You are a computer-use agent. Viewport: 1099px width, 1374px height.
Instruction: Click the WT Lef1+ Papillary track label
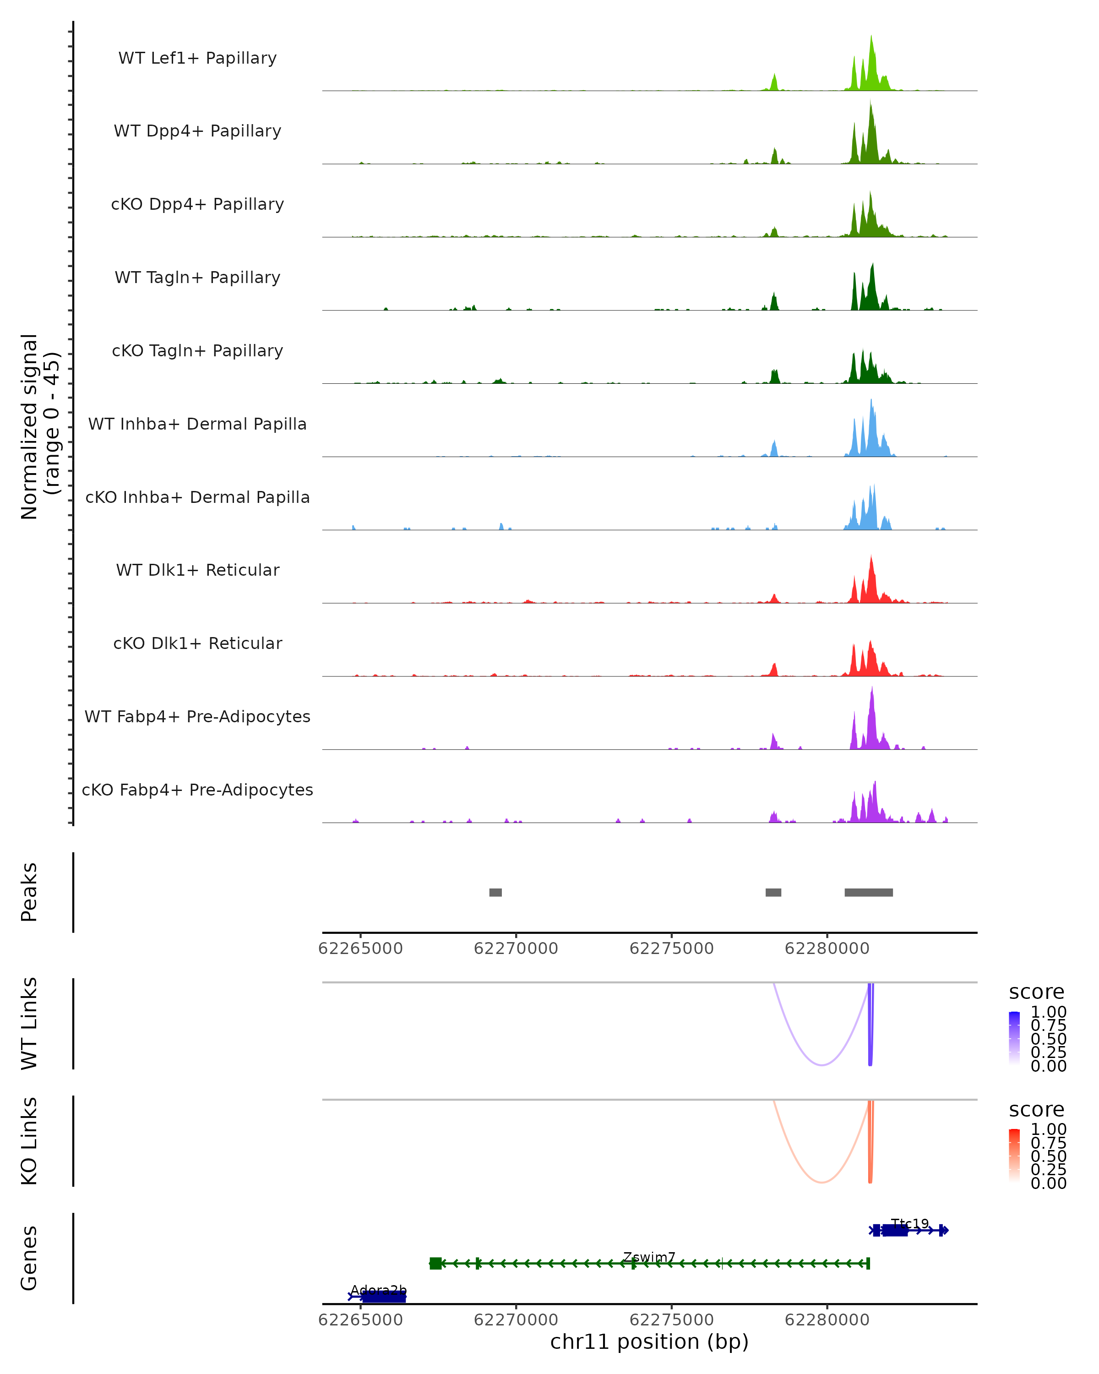pos(197,58)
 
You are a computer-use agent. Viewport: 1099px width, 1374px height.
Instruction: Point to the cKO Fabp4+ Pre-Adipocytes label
pos(197,790)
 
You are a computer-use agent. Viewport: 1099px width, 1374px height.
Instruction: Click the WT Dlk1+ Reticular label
pos(197,570)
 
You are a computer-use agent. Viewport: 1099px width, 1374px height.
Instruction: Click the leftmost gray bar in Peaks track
pos(495,892)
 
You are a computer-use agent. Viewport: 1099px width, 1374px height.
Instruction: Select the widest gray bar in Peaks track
pos(868,892)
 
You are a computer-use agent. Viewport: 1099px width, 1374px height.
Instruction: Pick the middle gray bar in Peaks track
pos(773,892)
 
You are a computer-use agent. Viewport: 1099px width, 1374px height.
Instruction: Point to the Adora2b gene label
pos(378,1291)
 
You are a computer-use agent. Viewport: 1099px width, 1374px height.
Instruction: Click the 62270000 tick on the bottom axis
pos(516,1320)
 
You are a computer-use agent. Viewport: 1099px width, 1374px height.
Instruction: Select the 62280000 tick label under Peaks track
pos(827,949)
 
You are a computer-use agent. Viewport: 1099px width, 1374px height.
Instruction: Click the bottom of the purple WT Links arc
pos(822,1065)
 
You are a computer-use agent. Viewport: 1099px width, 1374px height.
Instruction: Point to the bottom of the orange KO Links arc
pos(822,1182)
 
